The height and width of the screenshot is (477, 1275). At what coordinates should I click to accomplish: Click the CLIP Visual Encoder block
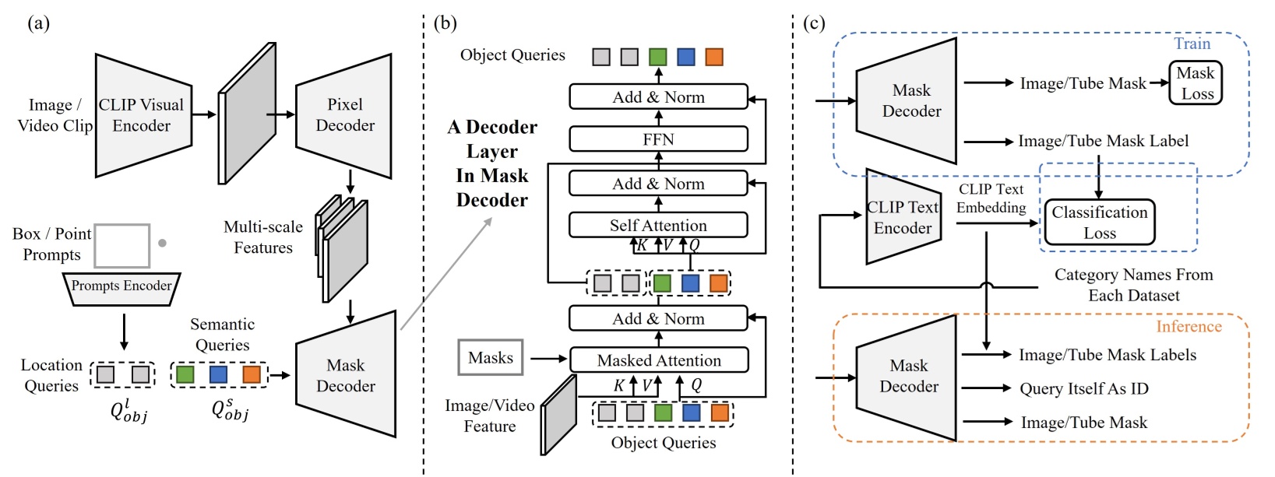[x=143, y=115]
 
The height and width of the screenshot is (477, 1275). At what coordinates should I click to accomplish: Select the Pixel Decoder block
[x=344, y=115]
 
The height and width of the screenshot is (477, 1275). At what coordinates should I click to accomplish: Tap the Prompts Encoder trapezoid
[x=122, y=286]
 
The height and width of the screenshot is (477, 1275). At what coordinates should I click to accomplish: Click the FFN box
[x=658, y=139]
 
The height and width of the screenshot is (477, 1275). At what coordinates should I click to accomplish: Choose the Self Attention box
[x=658, y=226]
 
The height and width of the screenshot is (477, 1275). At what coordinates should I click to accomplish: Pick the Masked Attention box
[x=659, y=360]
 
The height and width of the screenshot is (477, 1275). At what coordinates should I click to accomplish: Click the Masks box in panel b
[x=491, y=358]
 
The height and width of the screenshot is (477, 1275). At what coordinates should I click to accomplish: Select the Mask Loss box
[x=1196, y=83]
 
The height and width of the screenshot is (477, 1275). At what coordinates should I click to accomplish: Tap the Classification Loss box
[x=1099, y=223]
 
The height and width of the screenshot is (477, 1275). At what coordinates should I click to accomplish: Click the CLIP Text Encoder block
[x=903, y=217]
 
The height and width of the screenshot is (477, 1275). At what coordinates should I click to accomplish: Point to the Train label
[x=1192, y=44]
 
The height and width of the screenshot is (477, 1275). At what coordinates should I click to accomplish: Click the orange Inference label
[x=1189, y=327]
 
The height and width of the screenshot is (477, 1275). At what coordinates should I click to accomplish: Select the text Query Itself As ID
[x=1083, y=388]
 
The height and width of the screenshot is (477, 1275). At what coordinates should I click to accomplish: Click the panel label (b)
[x=445, y=23]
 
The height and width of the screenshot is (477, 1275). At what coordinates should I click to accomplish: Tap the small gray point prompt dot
[x=162, y=243]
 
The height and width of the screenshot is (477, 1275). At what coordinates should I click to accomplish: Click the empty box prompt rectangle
[x=122, y=246]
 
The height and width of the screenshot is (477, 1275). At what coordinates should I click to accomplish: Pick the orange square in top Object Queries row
[x=713, y=57]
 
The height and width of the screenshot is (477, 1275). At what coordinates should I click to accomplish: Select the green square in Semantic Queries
[x=185, y=374]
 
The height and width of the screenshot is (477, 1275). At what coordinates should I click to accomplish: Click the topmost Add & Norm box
[x=658, y=97]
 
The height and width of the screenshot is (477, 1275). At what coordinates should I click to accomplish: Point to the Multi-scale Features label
[x=263, y=237]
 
